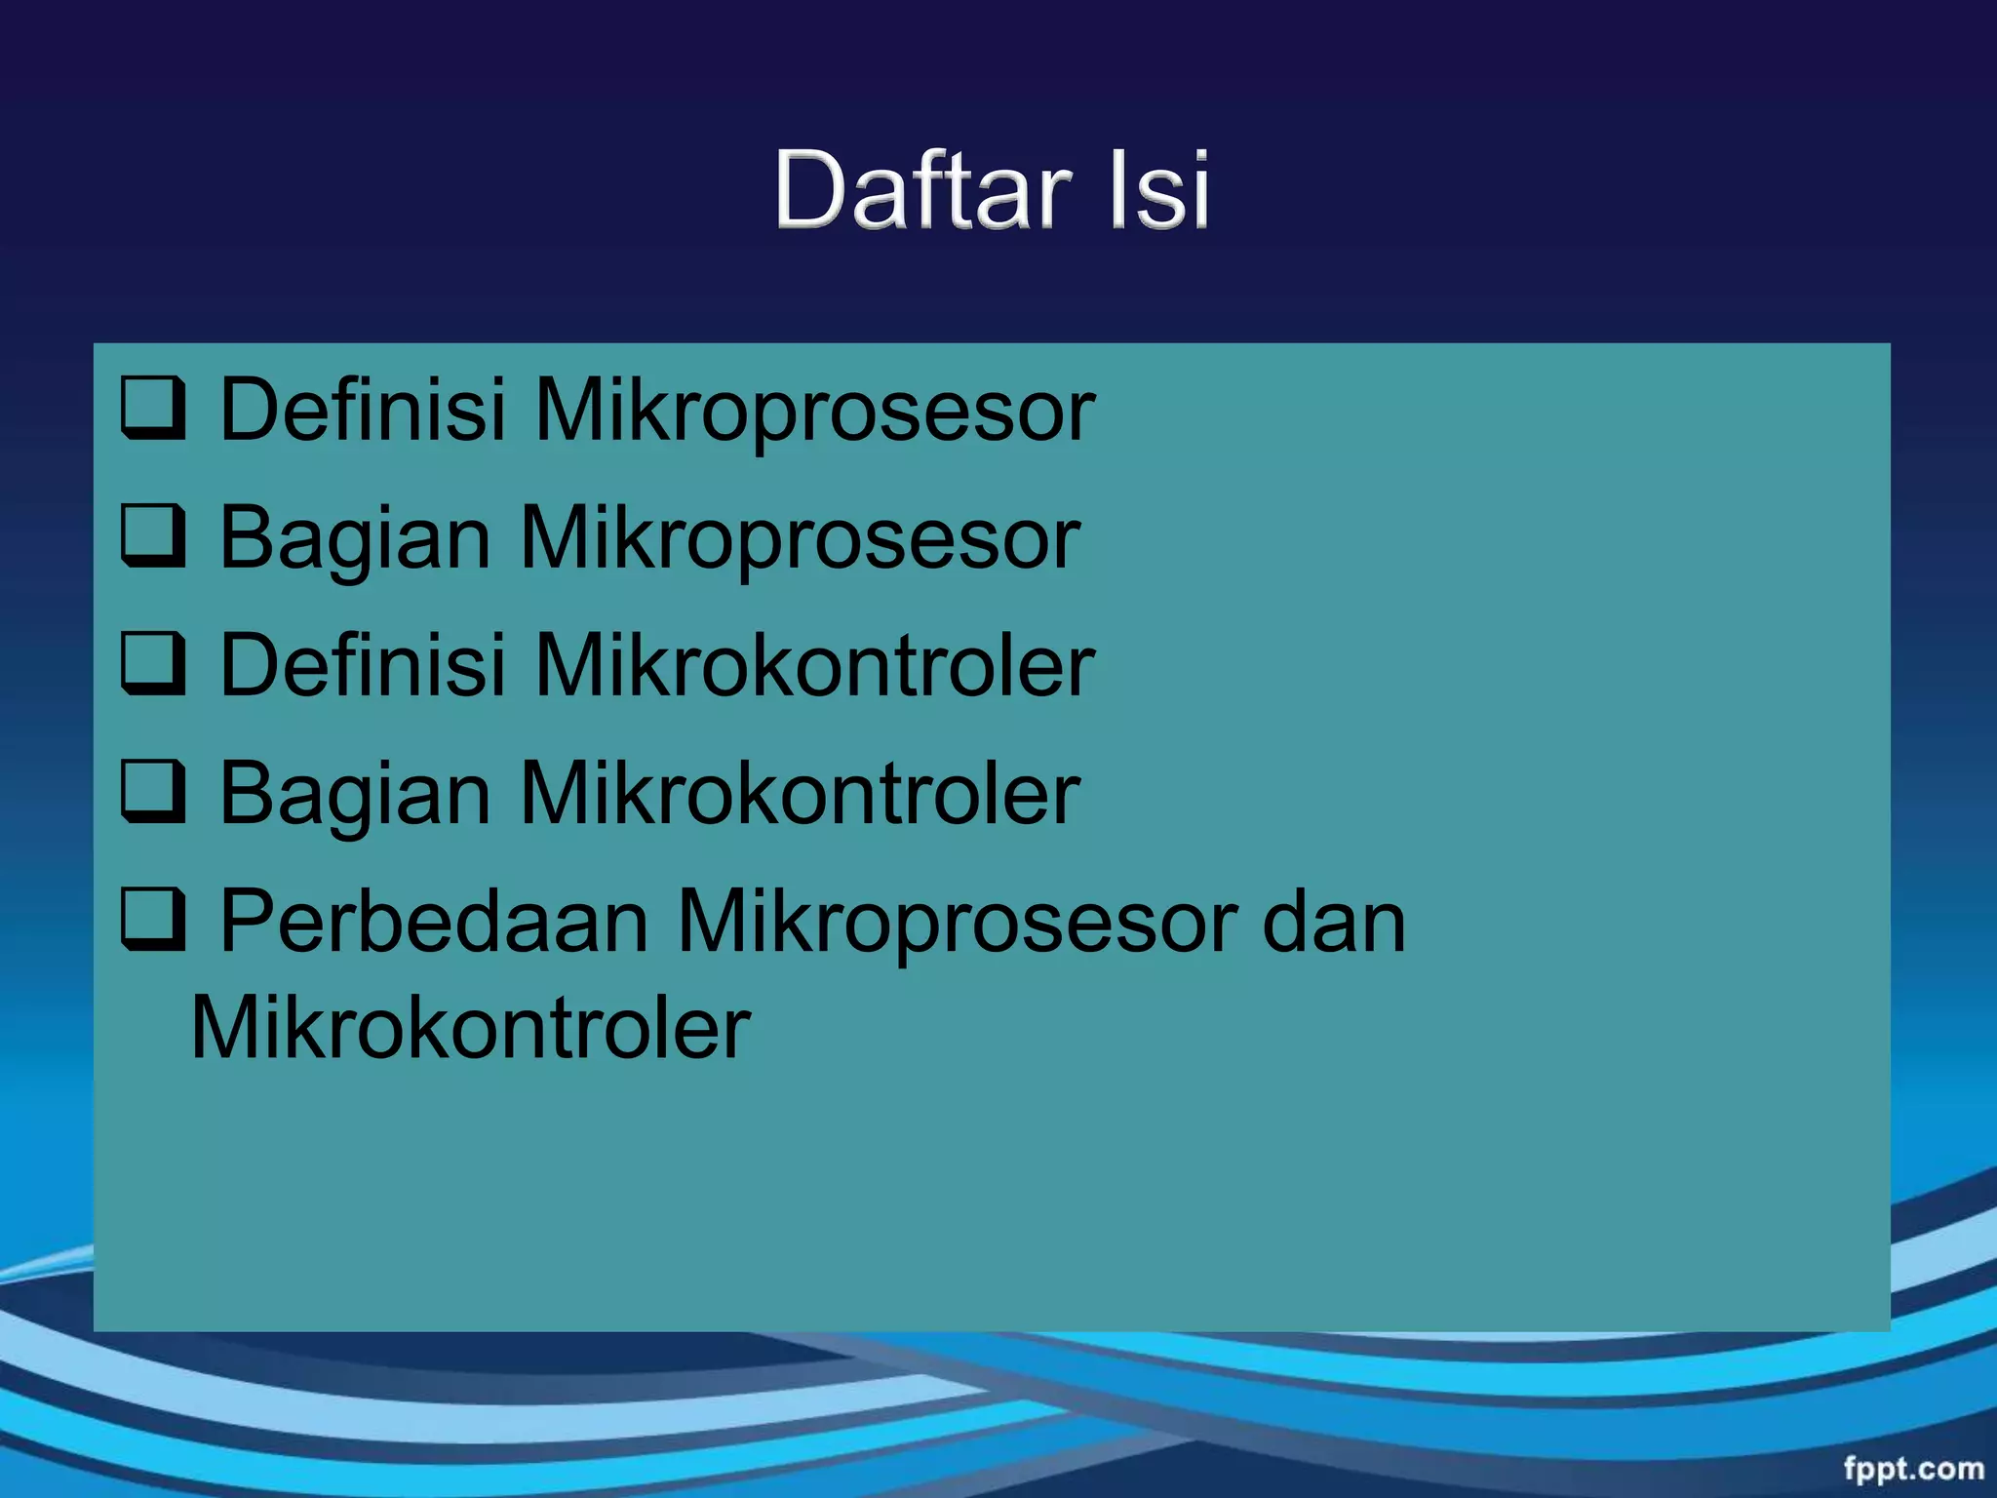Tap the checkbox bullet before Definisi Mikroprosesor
pyautogui.click(x=153, y=409)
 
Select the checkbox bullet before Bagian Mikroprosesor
pyautogui.click(x=153, y=536)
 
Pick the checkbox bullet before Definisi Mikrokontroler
pyautogui.click(x=153, y=664)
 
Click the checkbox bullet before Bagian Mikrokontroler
pyautogui.click(x=153, y=793)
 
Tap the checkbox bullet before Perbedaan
pyautogui.click(x=153, y=921)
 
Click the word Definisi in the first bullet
pyautogui.click(x=363, y=410)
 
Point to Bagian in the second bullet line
pyautogui.click(x=355, y=539)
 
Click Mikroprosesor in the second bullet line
pyautogui.click(x=800, y=539)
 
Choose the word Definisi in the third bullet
pyautogui.click(x=363, y=665)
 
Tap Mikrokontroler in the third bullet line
pyautogui.click(x=815, y=665)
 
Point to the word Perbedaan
pyautogui.click(x=433, y=922)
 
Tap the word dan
pyautogui.click(x=1333, y=922)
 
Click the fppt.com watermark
pyautogui.click(x=1913, y=1468)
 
